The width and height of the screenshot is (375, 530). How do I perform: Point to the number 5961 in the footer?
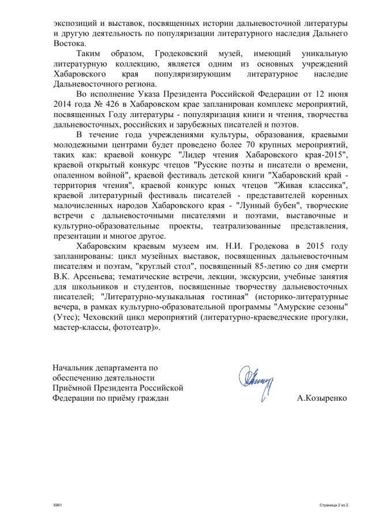56,505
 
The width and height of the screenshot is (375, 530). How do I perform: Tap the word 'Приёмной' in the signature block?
74,388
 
